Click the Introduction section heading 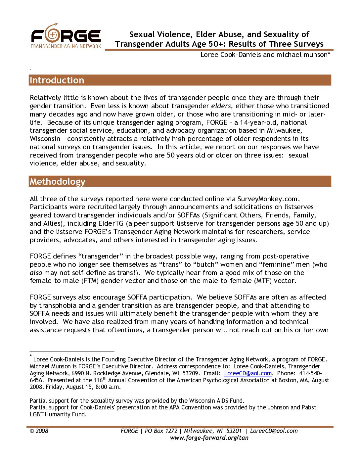57,80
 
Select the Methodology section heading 58,181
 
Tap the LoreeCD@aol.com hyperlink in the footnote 248,373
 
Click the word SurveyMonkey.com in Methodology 268,199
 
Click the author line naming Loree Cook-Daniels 265,55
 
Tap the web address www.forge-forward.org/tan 209,438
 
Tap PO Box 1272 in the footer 161,431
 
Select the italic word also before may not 36,273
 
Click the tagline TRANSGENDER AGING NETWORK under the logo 66,46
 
